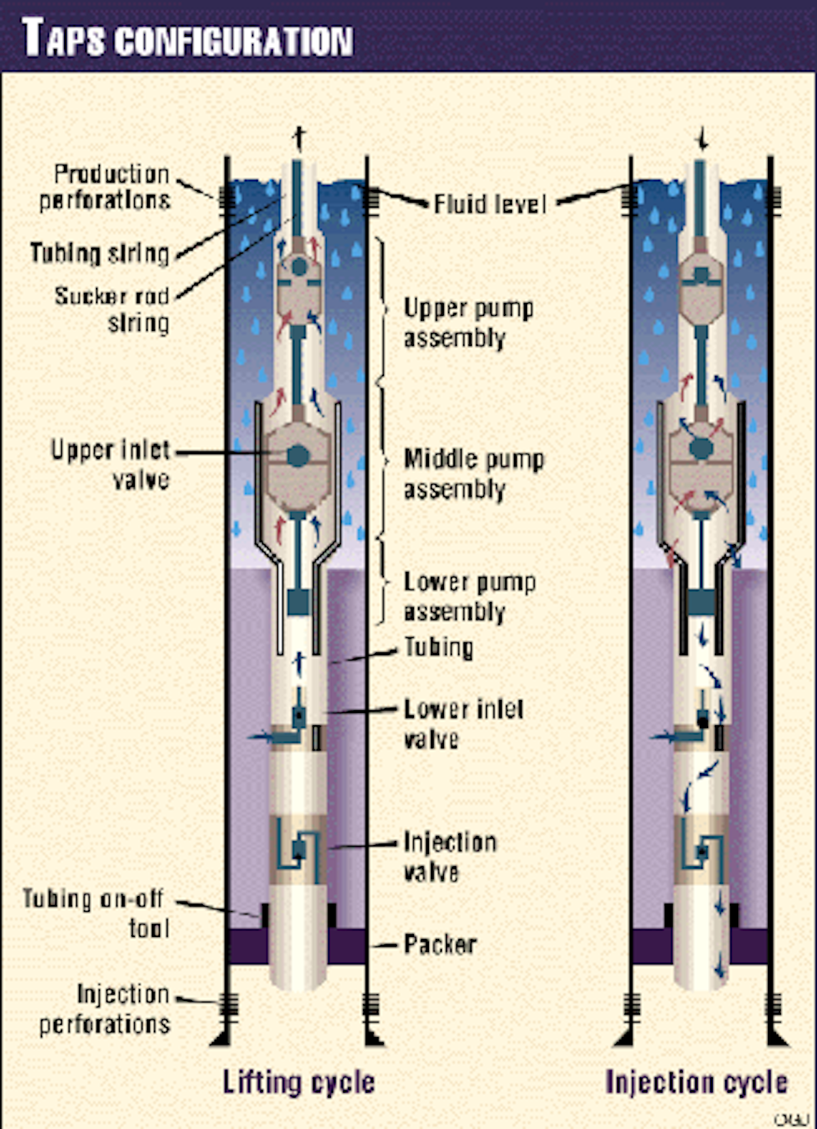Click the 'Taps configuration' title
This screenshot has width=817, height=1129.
pos(187,39)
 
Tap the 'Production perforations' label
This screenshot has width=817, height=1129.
pos(106,187)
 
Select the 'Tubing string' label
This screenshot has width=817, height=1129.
pos(100,253)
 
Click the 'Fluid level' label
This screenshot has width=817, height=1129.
pos(490,204)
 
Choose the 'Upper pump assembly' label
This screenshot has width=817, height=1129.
pos(468,323)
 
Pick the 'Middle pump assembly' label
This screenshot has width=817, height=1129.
pos(473,474)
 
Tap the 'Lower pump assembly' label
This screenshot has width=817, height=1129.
pos(469,597)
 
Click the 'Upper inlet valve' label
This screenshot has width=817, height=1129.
pos(111,464)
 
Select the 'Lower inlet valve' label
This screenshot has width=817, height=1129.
pos(463,724)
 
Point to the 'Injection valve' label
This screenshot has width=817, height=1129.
pos(449,857)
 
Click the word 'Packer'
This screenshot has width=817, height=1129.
pos(440,944)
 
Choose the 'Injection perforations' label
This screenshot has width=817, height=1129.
pos(106,1009)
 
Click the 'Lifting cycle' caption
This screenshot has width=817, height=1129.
pos(299,1081)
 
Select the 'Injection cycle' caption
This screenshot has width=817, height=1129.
pos(696,1081)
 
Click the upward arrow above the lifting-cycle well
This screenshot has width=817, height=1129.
pos(298,138)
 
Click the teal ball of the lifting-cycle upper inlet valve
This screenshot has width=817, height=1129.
pos(298,456)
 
